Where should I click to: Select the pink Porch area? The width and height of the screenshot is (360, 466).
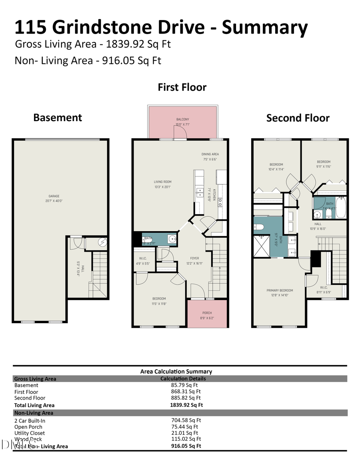point(207,314)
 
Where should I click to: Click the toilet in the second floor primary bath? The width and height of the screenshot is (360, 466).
point(259,227)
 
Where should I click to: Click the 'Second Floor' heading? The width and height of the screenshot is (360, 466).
point(298,118)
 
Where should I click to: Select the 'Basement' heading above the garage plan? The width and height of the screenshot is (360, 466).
point(58,118)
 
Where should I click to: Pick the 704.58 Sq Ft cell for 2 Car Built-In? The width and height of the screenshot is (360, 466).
point(186,420)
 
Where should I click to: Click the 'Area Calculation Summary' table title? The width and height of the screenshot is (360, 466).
point(176,371)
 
